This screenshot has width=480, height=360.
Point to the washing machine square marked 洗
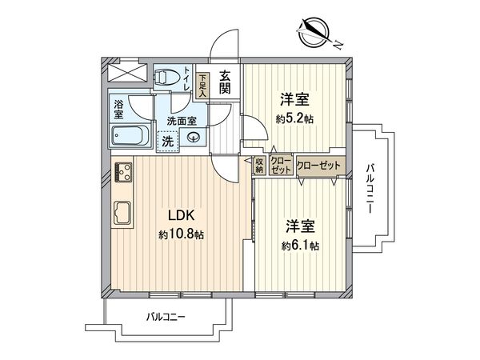(x=166, y=141)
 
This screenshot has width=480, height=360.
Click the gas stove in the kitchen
(x=126, y=171)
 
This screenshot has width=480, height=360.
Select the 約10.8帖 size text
(x=180, y=237)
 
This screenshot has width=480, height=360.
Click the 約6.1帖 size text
(x=300, y=246)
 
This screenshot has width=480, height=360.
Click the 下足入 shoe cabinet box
(x=204, y=85)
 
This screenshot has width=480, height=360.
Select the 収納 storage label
(x=260, y=166)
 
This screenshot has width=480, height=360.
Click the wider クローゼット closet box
(x=319, y=165)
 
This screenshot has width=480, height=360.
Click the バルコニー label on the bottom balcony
(x=166, y=317)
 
